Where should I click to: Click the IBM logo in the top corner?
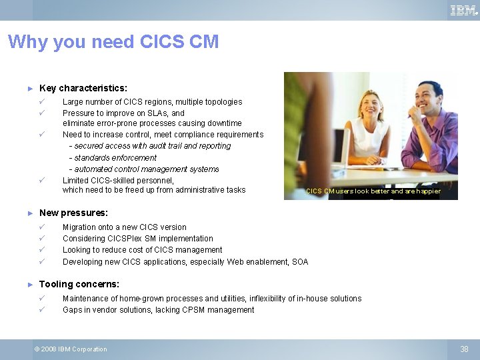[463, 10]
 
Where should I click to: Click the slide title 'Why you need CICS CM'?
[113, 42]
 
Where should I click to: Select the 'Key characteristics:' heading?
[83, 88]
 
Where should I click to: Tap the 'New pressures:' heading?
[73, 213]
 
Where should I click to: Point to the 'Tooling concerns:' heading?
[79, 284]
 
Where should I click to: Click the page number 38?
[465, 349]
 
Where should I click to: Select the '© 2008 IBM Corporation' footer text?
[71, 349]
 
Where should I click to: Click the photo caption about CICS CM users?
[373, 191]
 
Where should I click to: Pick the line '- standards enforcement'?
[113, 158]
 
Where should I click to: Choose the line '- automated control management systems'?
[144, 169]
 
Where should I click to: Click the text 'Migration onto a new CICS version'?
[125, 227]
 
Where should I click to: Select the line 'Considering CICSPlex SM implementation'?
[138, 239]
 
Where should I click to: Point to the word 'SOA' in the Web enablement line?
[300, 262]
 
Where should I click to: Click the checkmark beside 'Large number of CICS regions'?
[41, 101]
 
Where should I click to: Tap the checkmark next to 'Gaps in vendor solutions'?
[41, 309]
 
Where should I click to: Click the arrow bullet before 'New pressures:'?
[29, 213]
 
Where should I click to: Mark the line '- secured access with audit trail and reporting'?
[150, 146]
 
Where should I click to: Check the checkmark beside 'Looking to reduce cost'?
[41, 250]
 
